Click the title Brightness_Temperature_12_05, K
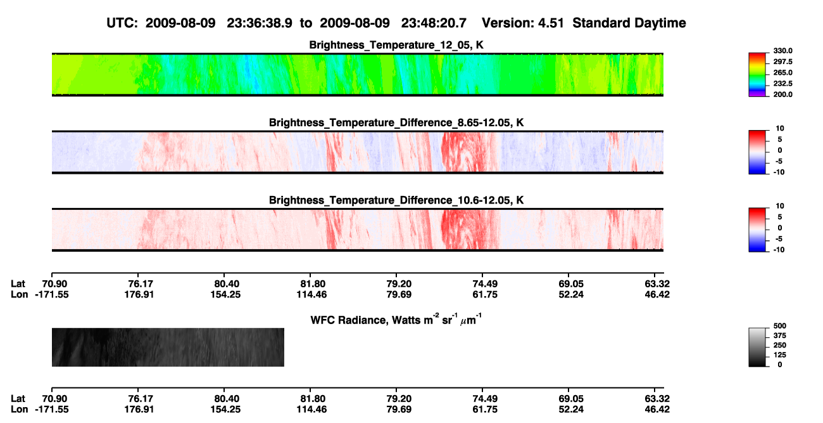tap(396, 45)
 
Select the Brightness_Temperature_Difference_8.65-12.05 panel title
tap(396, 122)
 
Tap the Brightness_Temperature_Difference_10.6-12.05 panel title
tap(396, 200)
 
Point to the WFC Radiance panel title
tap(396, 319)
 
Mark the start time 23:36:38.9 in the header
tap(260, 23)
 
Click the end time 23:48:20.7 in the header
tap(434, 23)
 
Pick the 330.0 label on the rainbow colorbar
tap(782, 51)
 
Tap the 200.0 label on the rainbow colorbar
tap(782, 94)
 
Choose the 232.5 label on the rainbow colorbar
tap(782, 84)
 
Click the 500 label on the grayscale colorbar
tap(780, 326)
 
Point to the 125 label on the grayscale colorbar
tap(780, 355)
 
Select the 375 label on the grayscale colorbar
tap(780, 335)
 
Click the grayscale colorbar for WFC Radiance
tap(757, 347)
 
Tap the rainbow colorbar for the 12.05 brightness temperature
tap(757, 75)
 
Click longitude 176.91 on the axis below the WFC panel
tap(139, 410)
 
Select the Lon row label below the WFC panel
tap(19, 410)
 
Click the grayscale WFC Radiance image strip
tap(168, 347)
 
